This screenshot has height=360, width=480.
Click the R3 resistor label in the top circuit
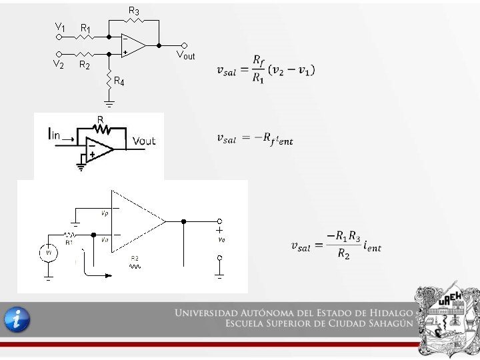click(x=134, y=11)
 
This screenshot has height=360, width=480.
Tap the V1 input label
click(x=60, y=27)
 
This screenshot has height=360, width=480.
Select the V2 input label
click(x=58, y=65)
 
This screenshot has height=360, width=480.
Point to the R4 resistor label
click(x=119, y=82)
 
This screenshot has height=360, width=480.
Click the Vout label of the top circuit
click(x=185, y=55)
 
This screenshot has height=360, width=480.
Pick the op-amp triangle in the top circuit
click(x=133, y=45)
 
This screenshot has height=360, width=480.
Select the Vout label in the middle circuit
click(x=144, y=141)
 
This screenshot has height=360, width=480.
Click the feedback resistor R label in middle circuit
click(x=100, y=119)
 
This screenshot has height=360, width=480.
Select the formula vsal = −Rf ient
click(x=255, y=139)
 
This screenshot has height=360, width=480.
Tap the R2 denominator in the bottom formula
click(x=343, y=255)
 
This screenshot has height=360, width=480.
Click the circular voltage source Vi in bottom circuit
click(x=49, y=253)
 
